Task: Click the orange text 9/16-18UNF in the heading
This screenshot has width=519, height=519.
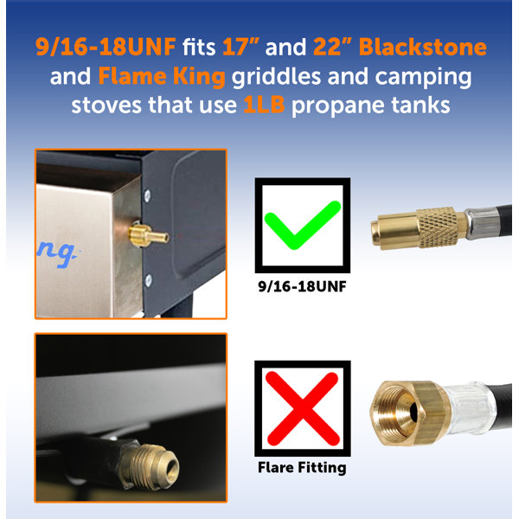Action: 106,47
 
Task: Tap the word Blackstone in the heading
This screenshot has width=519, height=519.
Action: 423,47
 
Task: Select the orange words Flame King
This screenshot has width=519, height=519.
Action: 162,76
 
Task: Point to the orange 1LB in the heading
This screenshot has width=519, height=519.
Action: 264,105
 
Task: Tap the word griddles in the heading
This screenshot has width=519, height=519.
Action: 276,76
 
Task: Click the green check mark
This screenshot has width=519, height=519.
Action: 303,225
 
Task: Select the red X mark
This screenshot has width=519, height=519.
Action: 303,408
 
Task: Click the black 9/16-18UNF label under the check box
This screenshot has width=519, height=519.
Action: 302,286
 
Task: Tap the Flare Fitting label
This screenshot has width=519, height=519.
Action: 302,468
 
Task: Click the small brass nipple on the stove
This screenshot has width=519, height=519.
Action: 148,235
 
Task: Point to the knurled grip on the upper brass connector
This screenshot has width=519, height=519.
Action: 438,227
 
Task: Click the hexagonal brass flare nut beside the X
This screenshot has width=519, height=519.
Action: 409,413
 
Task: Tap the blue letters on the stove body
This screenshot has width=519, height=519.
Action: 57,253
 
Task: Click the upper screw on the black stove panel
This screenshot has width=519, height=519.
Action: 147,195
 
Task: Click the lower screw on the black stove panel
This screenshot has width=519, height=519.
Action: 149,280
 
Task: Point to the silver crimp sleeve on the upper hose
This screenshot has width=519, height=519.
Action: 480,221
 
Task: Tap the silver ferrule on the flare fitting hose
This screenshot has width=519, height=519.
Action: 470,407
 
